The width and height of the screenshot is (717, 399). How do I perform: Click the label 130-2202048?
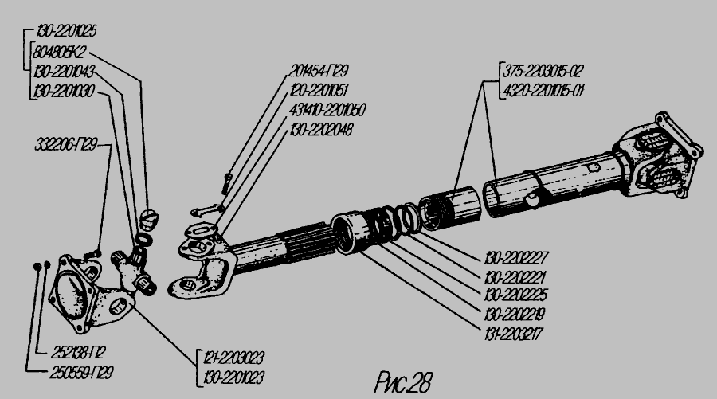point(323,127)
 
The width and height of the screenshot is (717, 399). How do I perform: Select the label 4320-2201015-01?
point(543,89)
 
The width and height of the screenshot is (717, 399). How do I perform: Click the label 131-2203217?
point(515,329)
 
